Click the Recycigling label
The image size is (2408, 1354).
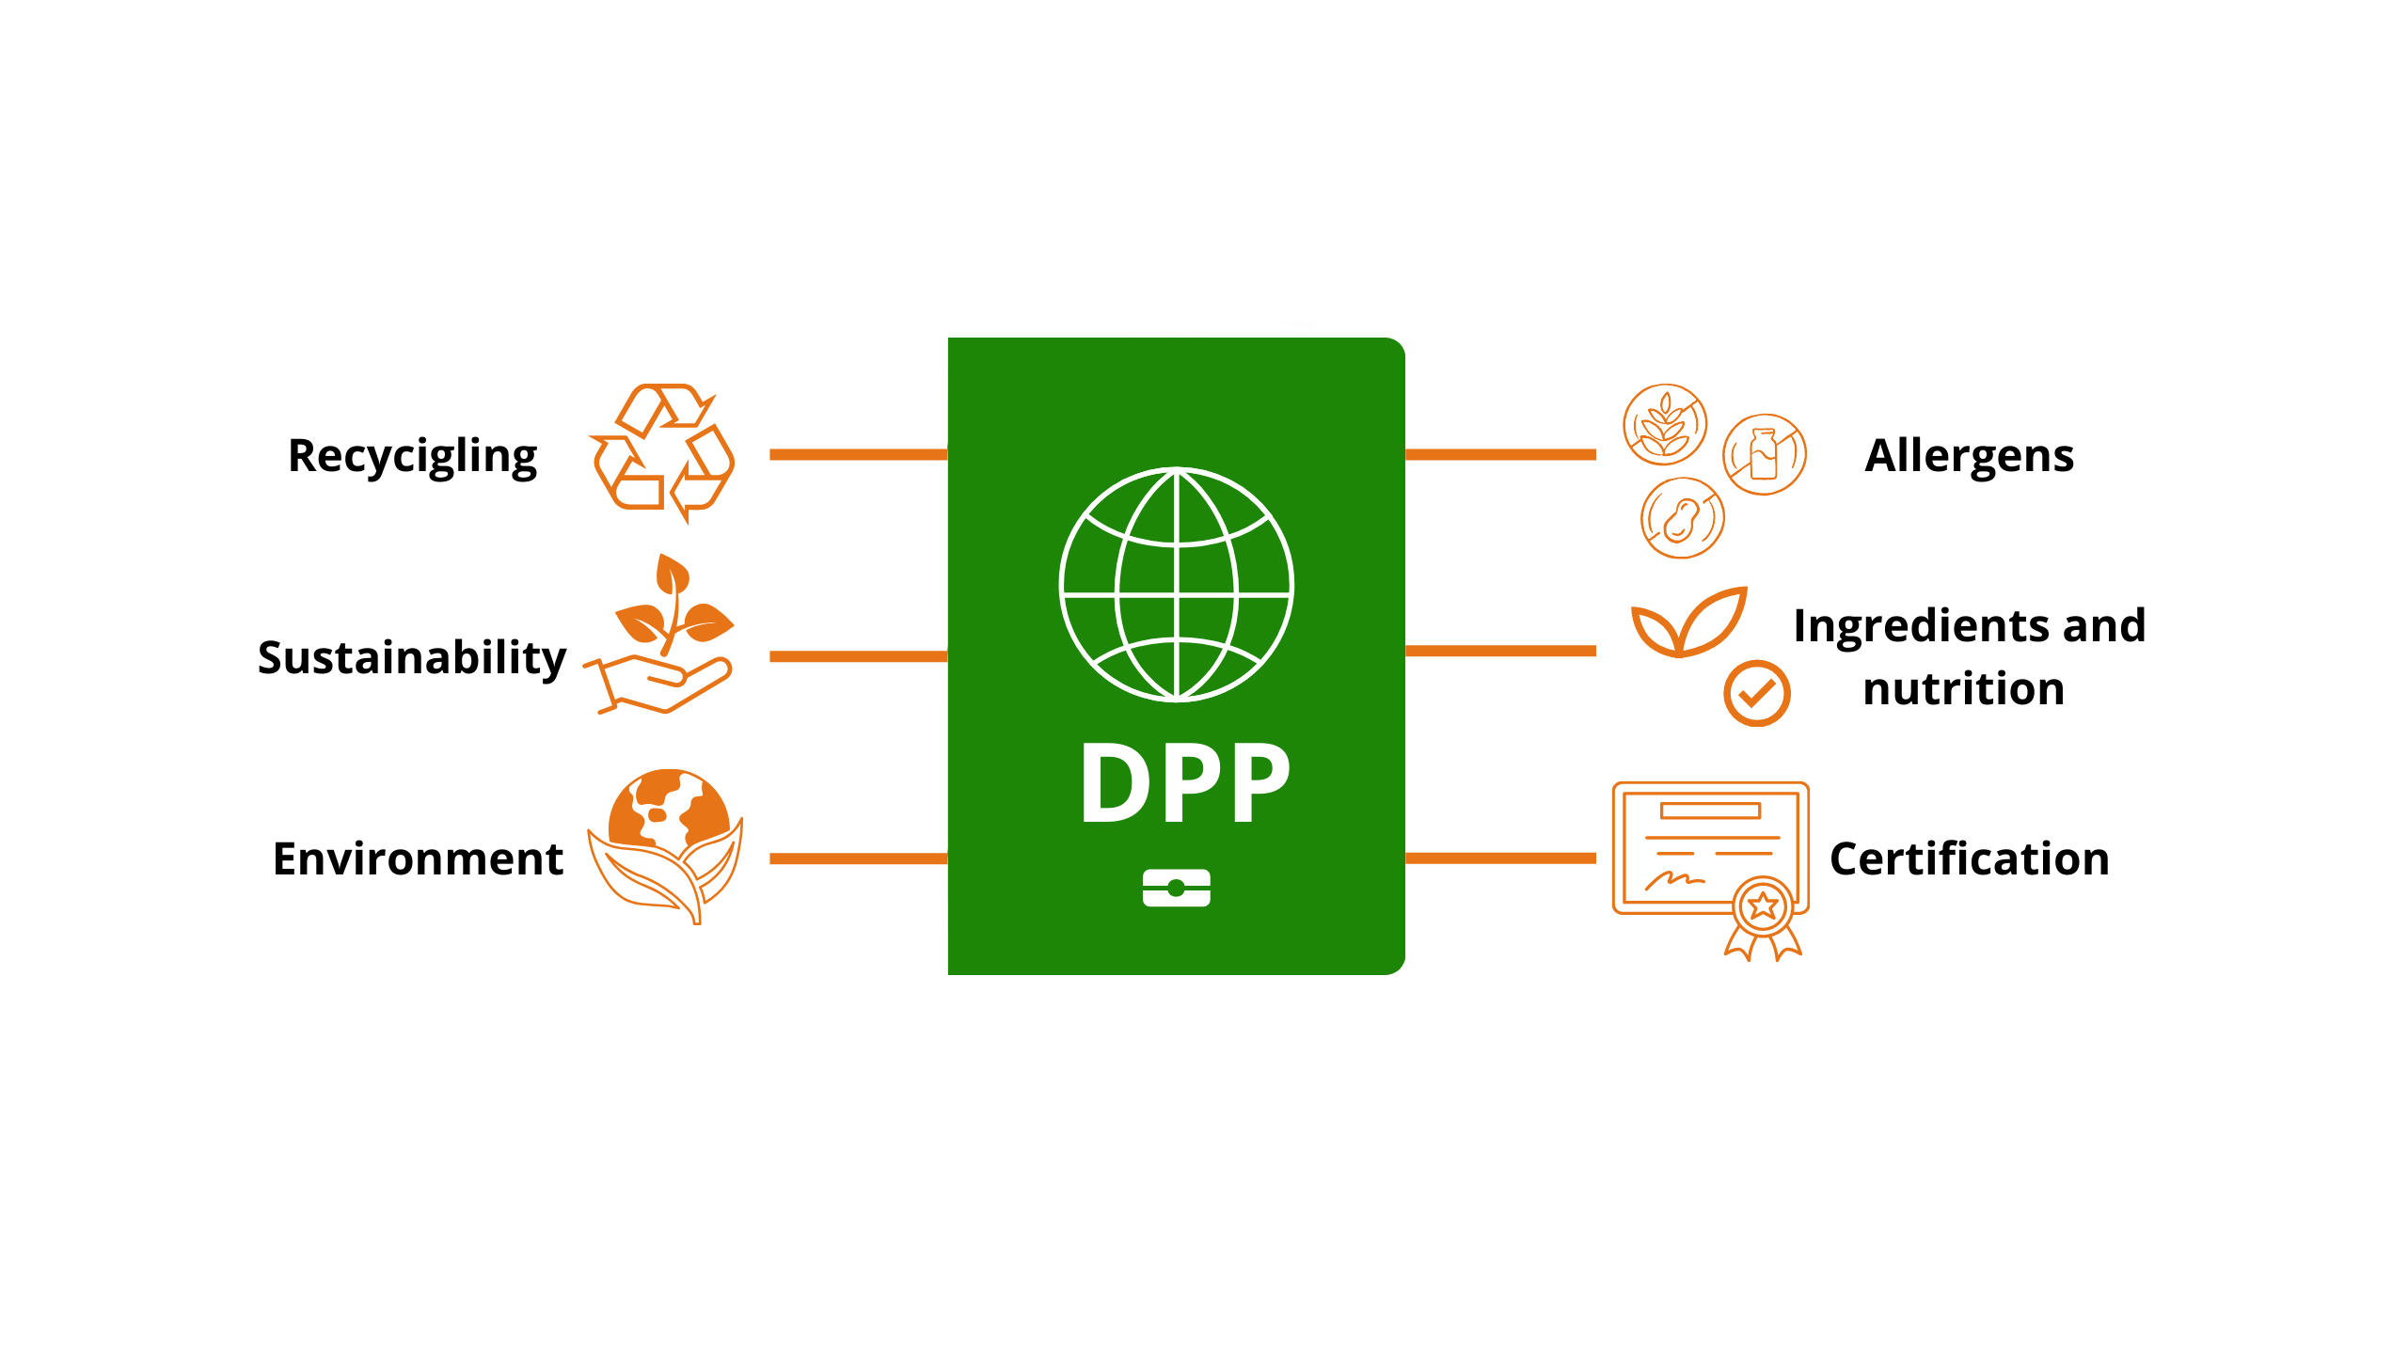click(412, 457)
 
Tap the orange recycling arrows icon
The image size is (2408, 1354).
click(663, 452)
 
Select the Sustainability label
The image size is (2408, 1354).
click(412, 657)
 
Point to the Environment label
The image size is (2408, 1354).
click(418, 858)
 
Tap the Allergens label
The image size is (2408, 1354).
click(1969, 456)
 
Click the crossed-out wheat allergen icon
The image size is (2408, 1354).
click(1665, 425)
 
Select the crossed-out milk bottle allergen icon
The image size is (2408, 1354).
click(1764, 454)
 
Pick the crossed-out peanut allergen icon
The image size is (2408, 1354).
click(1682, 518)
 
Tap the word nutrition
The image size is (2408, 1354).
click(1963, 689)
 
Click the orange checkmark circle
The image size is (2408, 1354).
click(1756, 694)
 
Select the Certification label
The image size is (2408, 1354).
click(1969, 858)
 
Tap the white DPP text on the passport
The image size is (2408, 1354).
click(1185, 783)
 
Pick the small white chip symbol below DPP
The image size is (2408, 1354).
click(1176, 888)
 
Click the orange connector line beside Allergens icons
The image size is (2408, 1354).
click(1500, 455)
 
